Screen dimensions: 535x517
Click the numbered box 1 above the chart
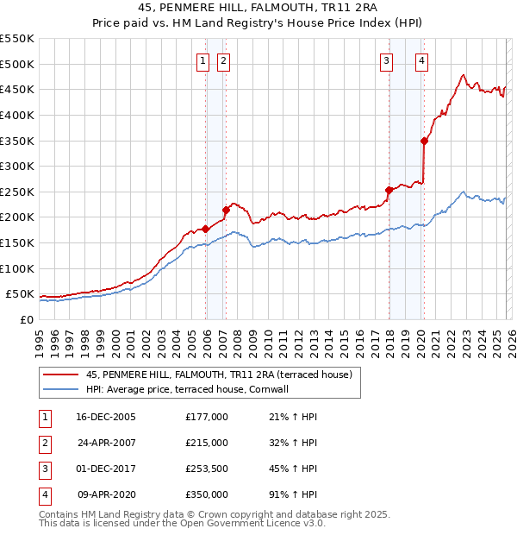point(202,60)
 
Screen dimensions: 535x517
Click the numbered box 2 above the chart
point(222,60)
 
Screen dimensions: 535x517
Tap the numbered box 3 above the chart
point(387,60)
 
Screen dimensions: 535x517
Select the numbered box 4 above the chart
point(422,60)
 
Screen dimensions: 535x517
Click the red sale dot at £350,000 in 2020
point(424,141)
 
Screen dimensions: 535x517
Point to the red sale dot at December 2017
point(389,190)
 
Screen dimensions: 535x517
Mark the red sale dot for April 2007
point(226,210)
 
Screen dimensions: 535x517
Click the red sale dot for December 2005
point(206,229)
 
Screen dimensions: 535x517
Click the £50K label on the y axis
point(20,293)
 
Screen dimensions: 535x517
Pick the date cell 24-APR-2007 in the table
point(106,443)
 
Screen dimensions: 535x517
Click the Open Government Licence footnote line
point(183,523)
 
